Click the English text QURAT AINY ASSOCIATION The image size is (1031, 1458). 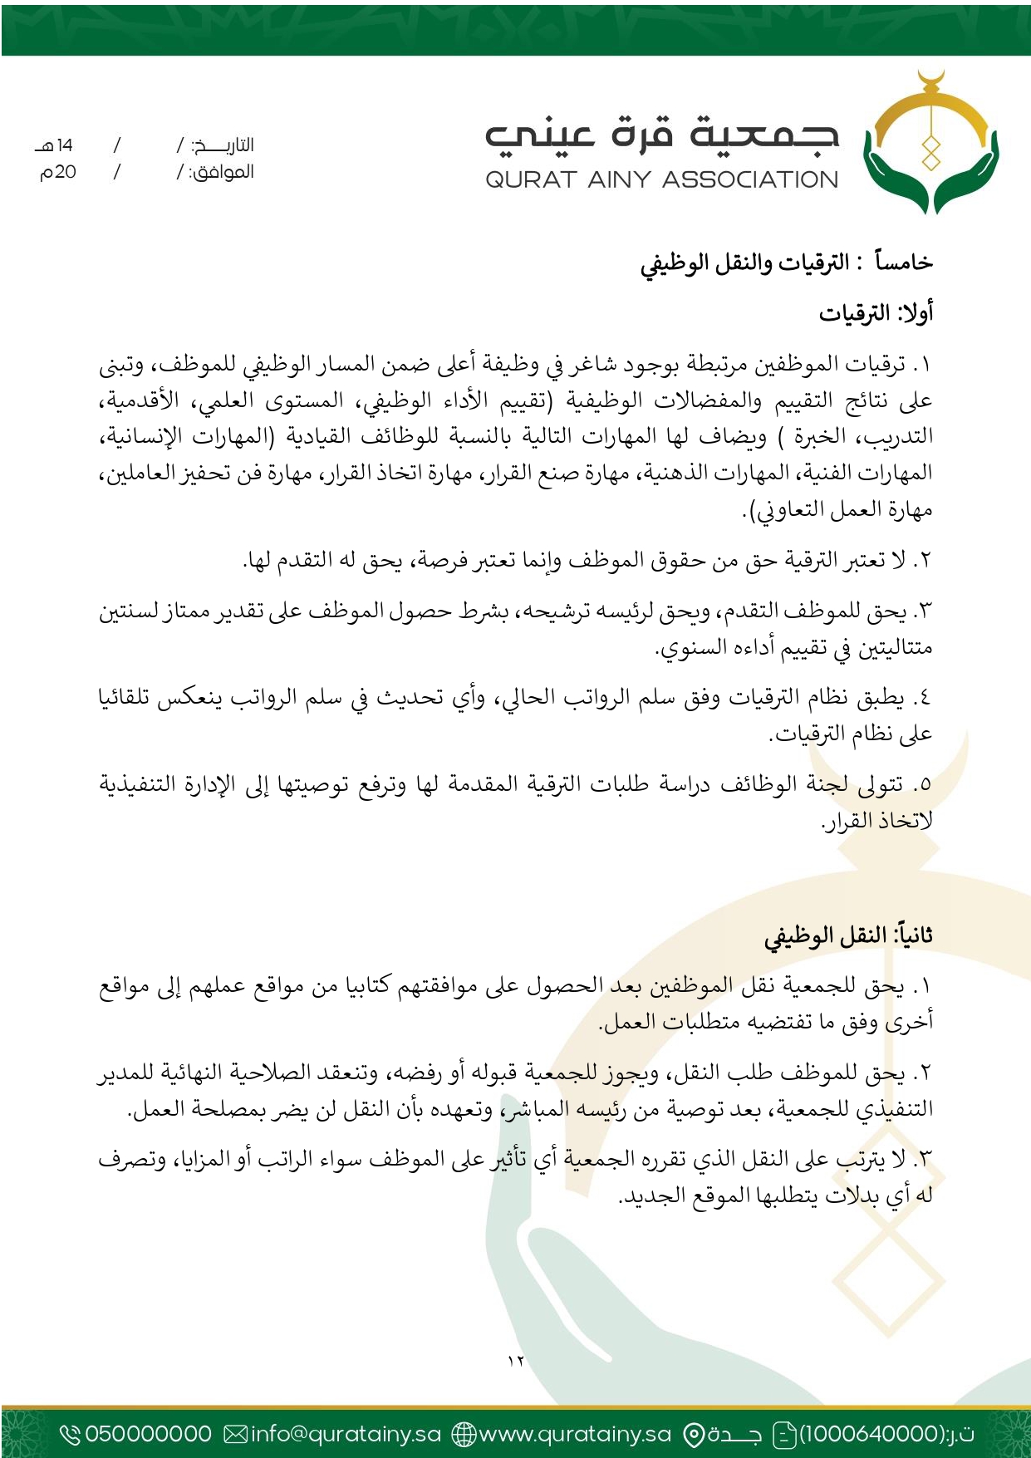pos(661,179)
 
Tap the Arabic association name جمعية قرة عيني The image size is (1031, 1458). pos(661,135)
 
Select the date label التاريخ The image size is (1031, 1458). pos(223,145)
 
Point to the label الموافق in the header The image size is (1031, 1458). pos(223,173)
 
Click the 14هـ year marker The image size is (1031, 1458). pos(55,145)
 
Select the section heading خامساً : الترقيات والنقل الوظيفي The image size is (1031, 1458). pos(786,263)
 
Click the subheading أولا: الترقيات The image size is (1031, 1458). pos(876,313)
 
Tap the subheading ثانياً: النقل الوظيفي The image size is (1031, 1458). pos(848,935)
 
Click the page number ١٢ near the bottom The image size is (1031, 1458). pos(516,1361)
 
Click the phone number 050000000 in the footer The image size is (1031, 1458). pos(149,1434)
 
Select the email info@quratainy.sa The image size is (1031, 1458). pos(346,1434)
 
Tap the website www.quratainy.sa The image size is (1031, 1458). pos(575,1434)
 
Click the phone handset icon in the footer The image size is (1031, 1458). pos(71,1434)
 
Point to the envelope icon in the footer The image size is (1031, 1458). pos(236,1434)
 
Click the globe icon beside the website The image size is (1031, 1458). pos(464,1434)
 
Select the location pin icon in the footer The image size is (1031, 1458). pos(693,1434)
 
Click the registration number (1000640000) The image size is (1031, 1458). pos(871,1434)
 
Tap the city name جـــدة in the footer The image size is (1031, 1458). pos(734,1434)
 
